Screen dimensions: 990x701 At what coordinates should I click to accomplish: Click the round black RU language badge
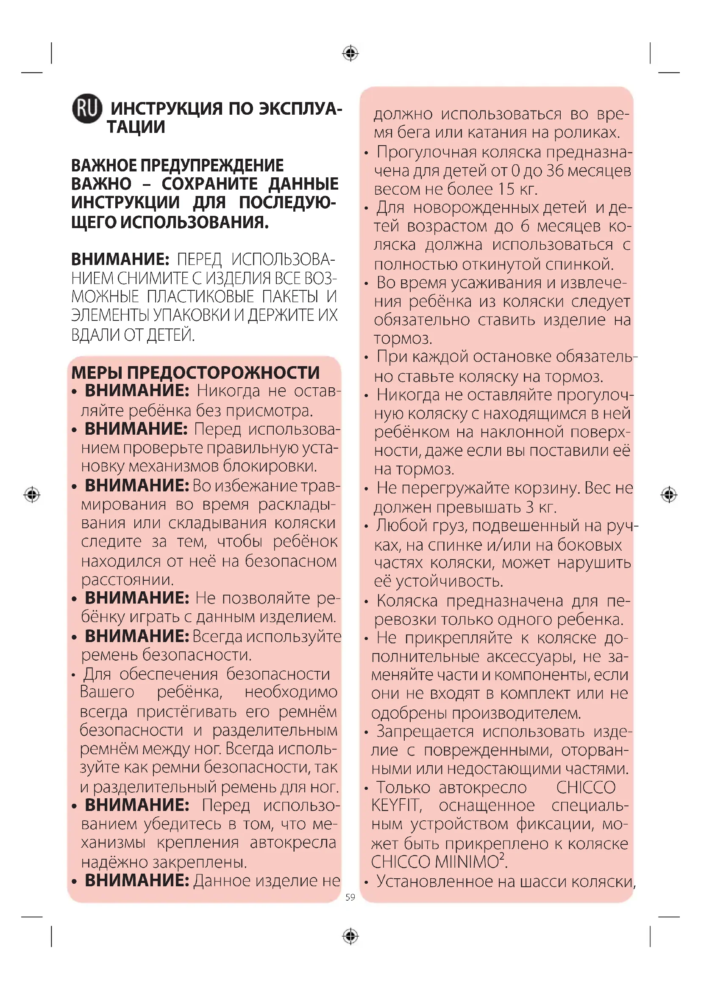(x=87, y=108)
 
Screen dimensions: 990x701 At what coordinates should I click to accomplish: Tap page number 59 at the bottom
(x=350, y=897)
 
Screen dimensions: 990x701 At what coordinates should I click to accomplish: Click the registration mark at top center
(x=350, y=53)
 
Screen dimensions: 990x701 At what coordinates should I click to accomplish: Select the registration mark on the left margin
(x=32, y=494)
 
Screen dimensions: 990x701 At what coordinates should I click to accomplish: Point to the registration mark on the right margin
(x=669, y=494)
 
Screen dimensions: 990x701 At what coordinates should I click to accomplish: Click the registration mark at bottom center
(x=350, y=936)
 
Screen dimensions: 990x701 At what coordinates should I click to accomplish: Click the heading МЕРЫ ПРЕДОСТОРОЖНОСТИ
(x=195, y=372)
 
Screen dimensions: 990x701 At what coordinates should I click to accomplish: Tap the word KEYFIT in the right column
(x=395, y=805)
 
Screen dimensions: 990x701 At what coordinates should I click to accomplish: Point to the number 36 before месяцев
(x=555, y=171)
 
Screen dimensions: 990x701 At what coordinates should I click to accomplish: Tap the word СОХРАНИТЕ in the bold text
(x=210, y=184)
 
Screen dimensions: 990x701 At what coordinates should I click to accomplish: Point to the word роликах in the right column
(x=587, y=132)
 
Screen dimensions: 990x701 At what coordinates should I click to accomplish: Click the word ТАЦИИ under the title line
(x=136, y=127)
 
